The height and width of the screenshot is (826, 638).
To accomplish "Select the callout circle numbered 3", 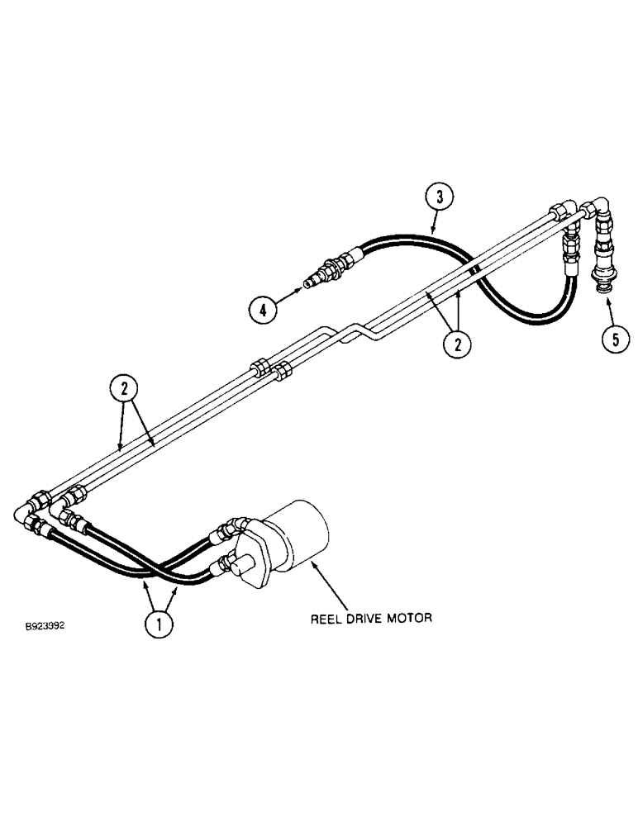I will [x=440, y=197].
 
